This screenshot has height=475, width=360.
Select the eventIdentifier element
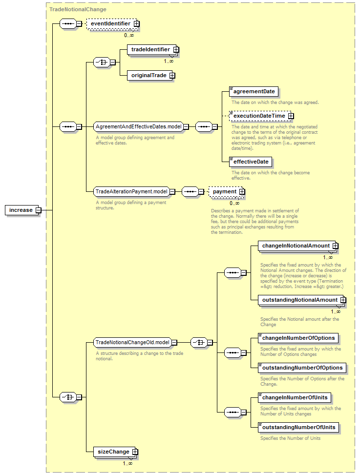pyautogui.click(x=113, y=23)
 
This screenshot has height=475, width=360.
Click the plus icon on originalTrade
pyautogui.click(x=172, y=76)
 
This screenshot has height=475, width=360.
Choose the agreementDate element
pyautogui.click(x=254, y=91)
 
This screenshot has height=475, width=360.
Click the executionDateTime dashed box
pyautogui.click(x=261, y=116)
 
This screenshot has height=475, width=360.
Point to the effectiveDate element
pyautogui.click(x=250, y=162)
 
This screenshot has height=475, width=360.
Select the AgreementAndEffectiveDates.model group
pyautogui.click(x=139, y=126)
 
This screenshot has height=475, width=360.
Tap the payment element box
pyautogui.click(x=227, y=191)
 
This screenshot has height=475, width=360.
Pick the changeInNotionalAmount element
pyautogui.click(x=298, y=246)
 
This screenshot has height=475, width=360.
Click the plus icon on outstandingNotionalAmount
pyautogui.click(x=343, y=300)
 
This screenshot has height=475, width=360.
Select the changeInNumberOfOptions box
pyautogui.click(x=298, y=338)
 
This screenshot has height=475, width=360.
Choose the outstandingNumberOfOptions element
pyautogui.click(x=302, y=368)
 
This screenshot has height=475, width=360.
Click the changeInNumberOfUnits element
pyautogui.click(x=295, y=397)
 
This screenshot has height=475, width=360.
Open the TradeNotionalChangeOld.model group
pyautogui.click(x=132, y=342)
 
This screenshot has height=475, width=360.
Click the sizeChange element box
pyautogui.click(x=115, y=452)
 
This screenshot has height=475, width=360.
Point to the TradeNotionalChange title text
pyautogui.click(x=78, y=9)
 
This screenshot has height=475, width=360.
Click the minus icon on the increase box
pyautogui.click(x=38, y=210)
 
